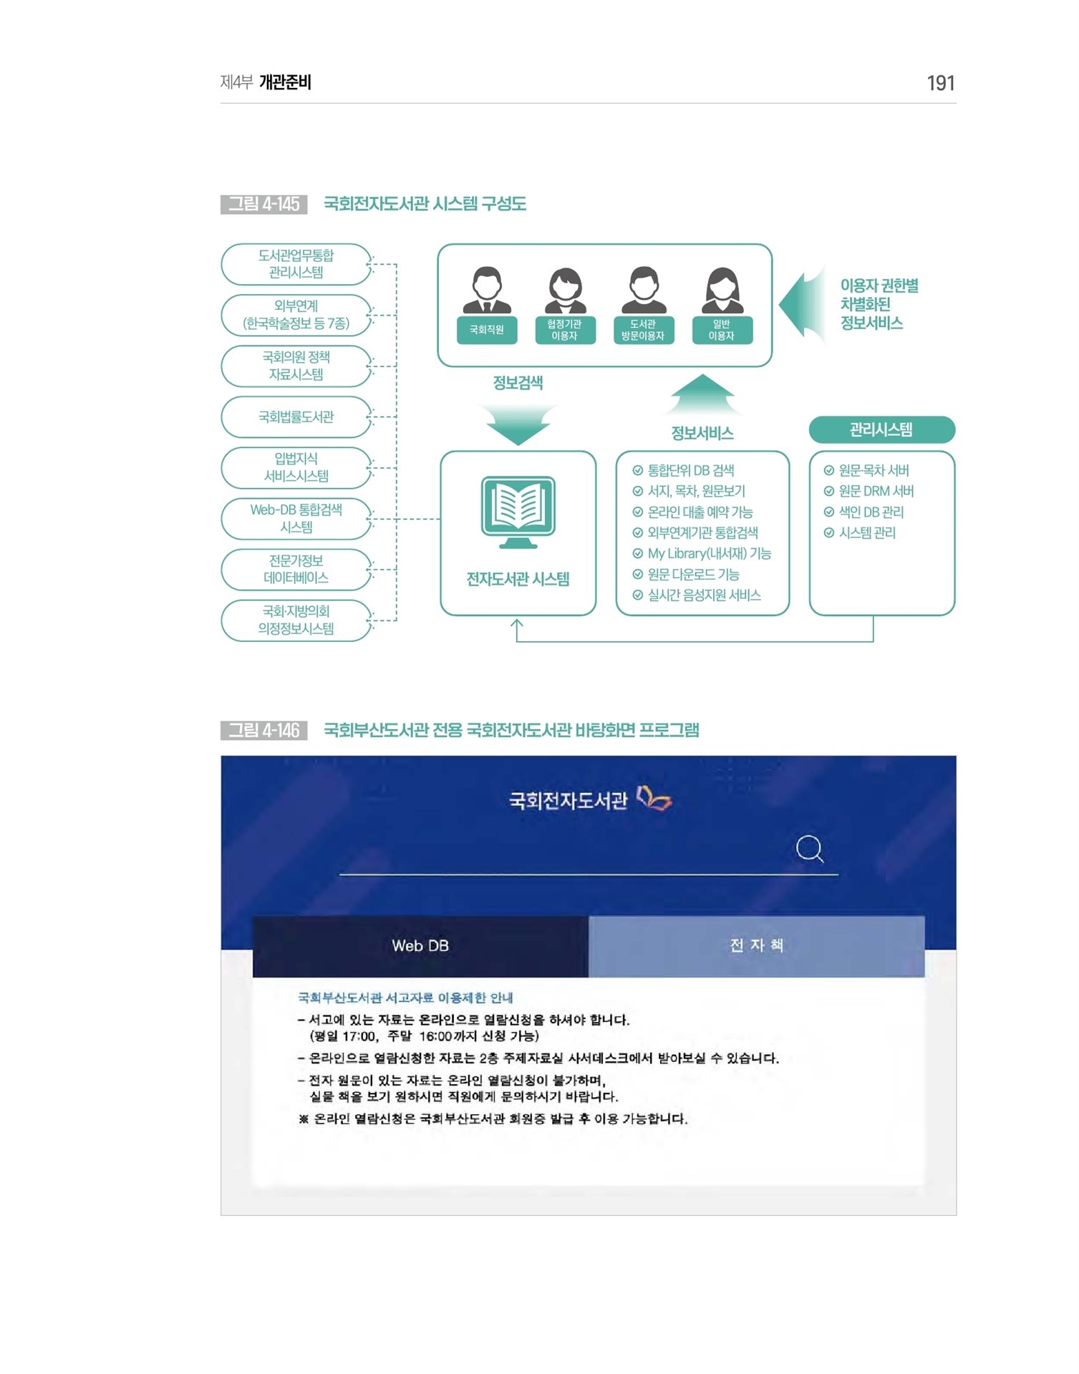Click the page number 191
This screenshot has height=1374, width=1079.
click(940, 83)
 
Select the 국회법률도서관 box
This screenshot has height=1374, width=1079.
click(296, 417)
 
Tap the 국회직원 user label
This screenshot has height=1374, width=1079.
click(487, 330)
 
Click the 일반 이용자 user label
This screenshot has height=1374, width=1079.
click(722, 330)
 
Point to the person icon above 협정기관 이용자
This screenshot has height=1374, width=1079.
click(566, 291)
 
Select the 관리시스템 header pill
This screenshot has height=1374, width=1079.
click(881, 430)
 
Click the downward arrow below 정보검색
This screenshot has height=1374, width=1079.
click(518, 424)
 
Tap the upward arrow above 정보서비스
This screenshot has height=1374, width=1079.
click(702, 394)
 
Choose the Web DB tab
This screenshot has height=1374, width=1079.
click(420, 946)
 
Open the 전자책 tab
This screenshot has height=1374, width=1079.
click(757, 946)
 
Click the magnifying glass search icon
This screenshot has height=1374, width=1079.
click(810, 849)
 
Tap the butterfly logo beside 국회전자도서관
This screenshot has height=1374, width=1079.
click(654, 798)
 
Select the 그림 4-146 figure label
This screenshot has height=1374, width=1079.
click(264, 730)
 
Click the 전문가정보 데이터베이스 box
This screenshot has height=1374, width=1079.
click(296, 570)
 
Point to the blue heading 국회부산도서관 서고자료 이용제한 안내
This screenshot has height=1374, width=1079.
click(405, 998)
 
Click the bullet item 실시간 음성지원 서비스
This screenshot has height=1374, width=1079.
click(697, 595)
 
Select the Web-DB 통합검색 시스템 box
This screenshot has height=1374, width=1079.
click(296, 519)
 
